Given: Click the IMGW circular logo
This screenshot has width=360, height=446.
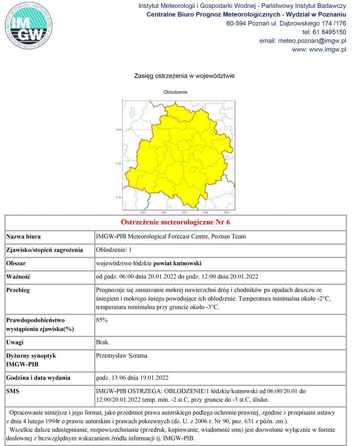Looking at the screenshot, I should coord(28,26).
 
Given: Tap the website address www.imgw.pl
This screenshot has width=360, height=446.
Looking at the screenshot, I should coord(319,50).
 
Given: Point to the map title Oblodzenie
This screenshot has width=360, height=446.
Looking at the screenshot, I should coord(175,92).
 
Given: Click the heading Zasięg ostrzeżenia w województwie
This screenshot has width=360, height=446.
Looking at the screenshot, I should coord(184,76).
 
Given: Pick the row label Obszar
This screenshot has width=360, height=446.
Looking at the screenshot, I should coord(16,263).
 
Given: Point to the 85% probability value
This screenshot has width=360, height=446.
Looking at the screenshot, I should coord(102,320).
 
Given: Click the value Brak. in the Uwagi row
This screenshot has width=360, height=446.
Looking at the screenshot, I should coord(103,342).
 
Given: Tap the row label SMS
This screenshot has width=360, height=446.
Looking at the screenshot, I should coord(13,391).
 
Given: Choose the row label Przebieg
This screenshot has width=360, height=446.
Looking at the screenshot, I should coord(18,290).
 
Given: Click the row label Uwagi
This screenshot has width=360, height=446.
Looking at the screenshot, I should coord(15,342).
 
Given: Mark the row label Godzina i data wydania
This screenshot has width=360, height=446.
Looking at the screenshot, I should coord(38,378).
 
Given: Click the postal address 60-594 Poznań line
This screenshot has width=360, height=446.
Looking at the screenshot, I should coord(286,23).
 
